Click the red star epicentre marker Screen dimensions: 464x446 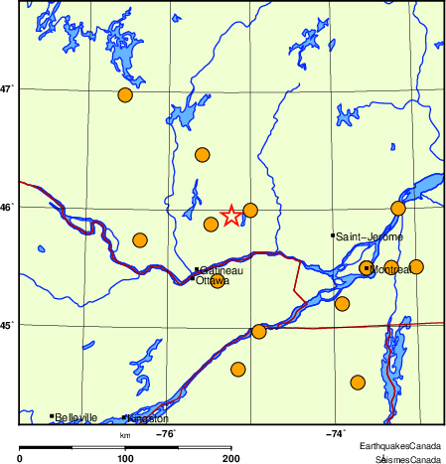(x=230, y=216)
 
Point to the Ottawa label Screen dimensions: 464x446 (x=213, y=281)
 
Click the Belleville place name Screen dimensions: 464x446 (x=76, y=418)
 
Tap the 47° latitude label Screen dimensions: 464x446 (x=7, y=88)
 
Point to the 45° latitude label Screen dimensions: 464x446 (x=7, y=325)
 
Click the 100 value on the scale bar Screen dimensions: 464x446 (x=125, y=457)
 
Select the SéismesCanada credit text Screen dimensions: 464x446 (x=406, y=459)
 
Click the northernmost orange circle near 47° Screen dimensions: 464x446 (x=125, y=95)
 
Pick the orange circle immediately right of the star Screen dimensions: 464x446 (x=250, y=210)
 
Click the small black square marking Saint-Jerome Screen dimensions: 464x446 (x=332, y=235)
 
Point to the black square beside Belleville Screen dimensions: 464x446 (x=52, y=416)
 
